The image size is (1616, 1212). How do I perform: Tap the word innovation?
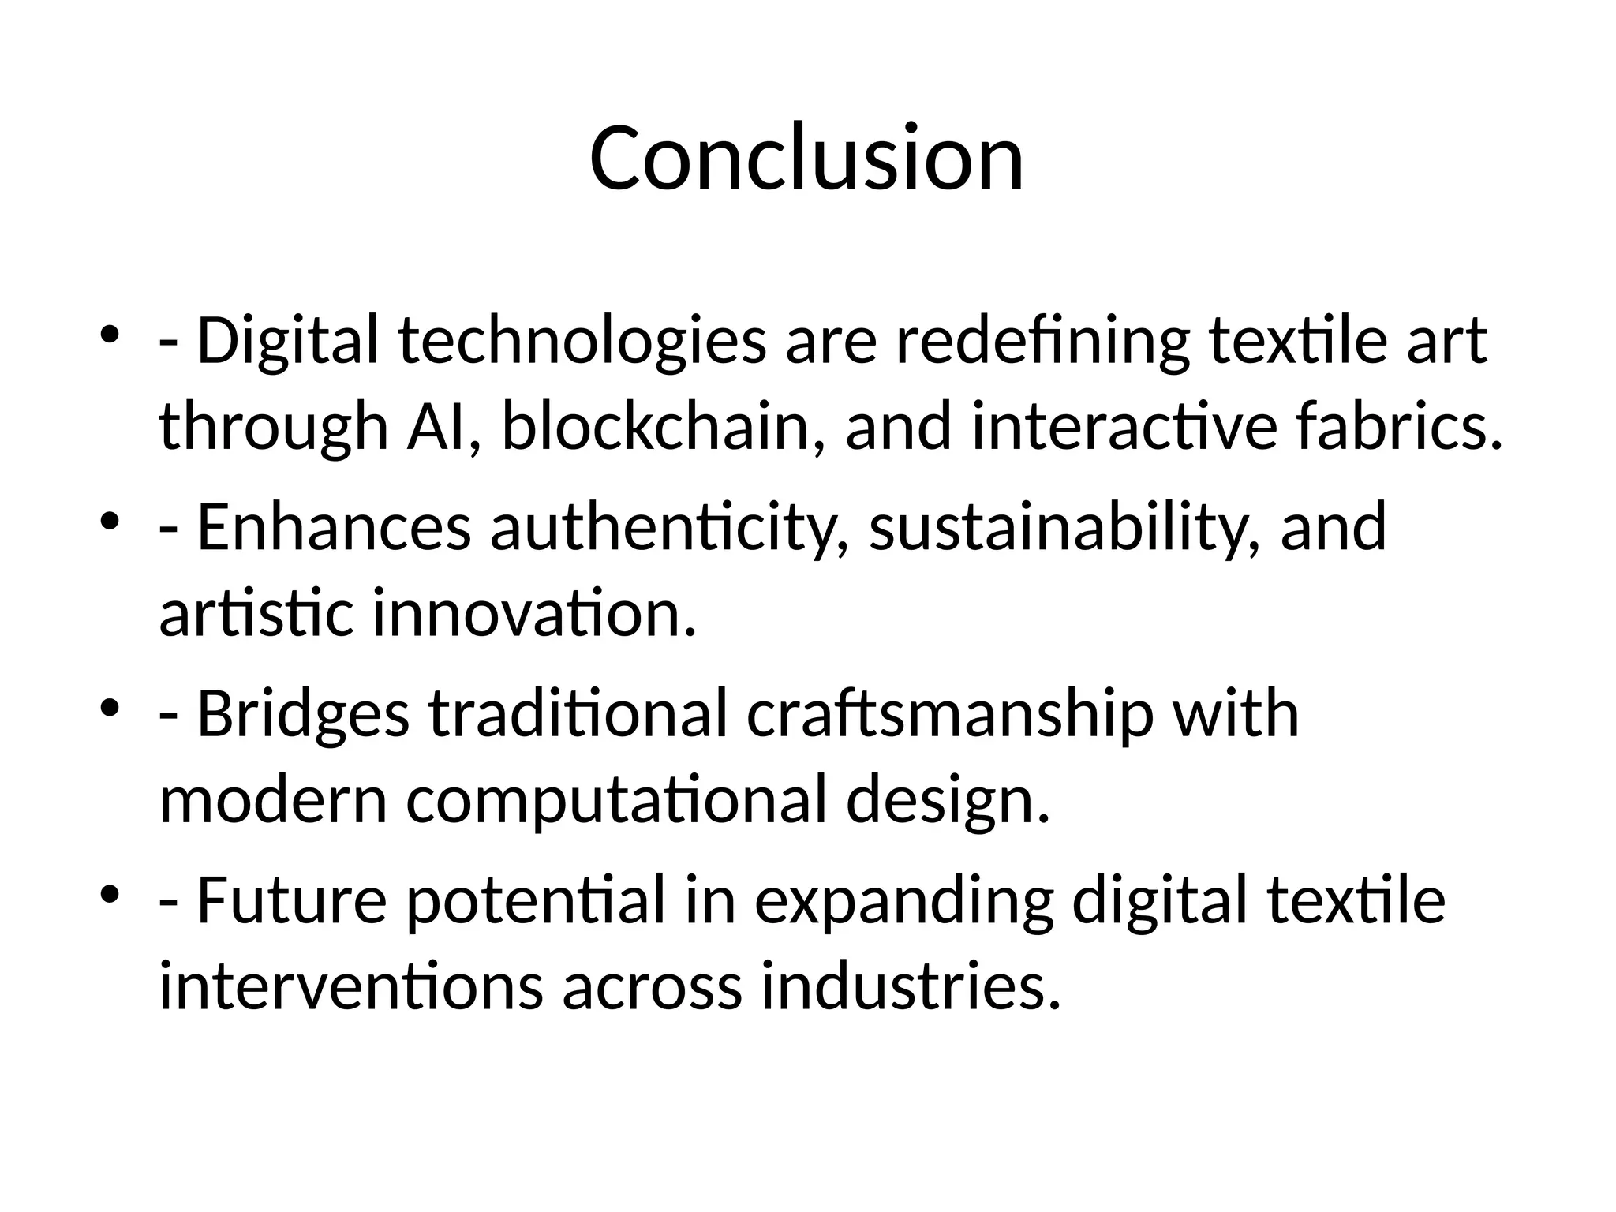pyautogui.click(x=535, y=613)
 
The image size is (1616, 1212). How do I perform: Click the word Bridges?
pyautogui.click(x=303, y=714)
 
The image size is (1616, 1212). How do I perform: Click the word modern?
pyautogui.click(x=273, y=799)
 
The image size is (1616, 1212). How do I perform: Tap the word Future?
pyautogui.click(x=291, y=900)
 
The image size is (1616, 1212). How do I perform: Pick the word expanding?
pyautogui.click(x=904, y=902)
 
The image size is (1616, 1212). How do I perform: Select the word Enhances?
pyautogui.click(x=334, y=528)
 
